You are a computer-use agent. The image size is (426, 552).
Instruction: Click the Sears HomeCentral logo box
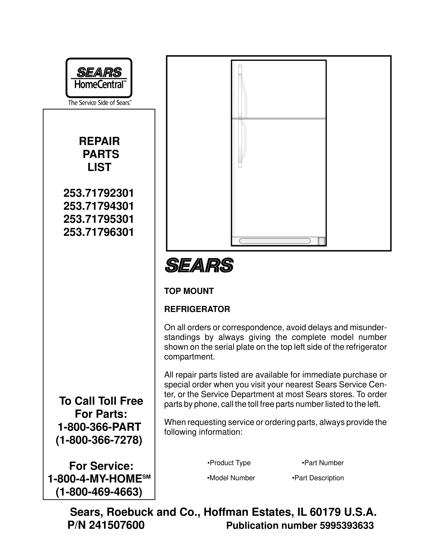coord(99,78)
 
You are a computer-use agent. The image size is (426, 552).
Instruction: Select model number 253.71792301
coord(99,193)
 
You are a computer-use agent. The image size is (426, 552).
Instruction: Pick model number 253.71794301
coord(99,206)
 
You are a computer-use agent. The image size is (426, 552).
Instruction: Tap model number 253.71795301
coord(99,219)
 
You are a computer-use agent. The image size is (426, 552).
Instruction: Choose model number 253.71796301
coord(99,232)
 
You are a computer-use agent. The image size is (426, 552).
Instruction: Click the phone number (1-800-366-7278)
coord(99,440)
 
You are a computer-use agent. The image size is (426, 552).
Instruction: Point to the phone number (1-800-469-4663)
coord(99,492)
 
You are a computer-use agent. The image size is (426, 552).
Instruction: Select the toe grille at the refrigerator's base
coord(275,241)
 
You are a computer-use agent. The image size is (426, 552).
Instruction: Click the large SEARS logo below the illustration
coord(199,265)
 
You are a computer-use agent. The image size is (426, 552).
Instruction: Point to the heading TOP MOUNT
coord(189,291)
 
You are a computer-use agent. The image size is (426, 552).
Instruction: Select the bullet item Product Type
coord(229,463)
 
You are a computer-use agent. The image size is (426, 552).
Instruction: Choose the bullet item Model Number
coord(231,478)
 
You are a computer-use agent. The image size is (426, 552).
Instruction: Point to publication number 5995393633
coord(346,526)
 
